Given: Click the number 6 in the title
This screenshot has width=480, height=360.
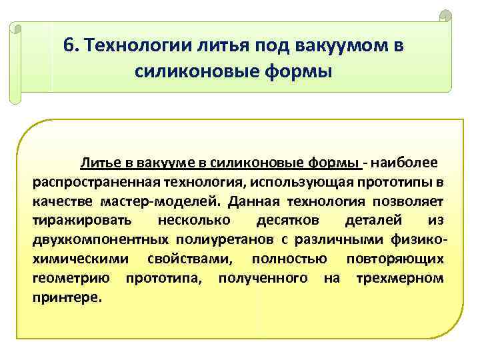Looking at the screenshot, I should coord(67,45).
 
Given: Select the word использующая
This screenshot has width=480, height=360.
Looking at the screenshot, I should coord(303,182).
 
